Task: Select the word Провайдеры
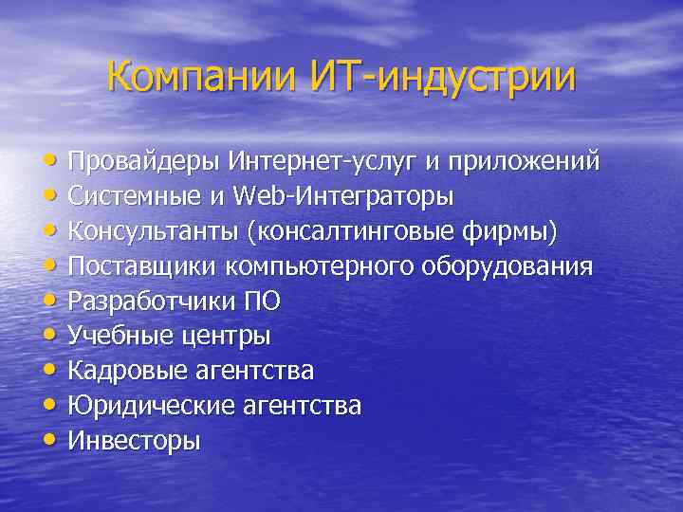tap(144, 161)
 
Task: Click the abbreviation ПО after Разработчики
tap(262, 302)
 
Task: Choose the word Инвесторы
tap(134, 441)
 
